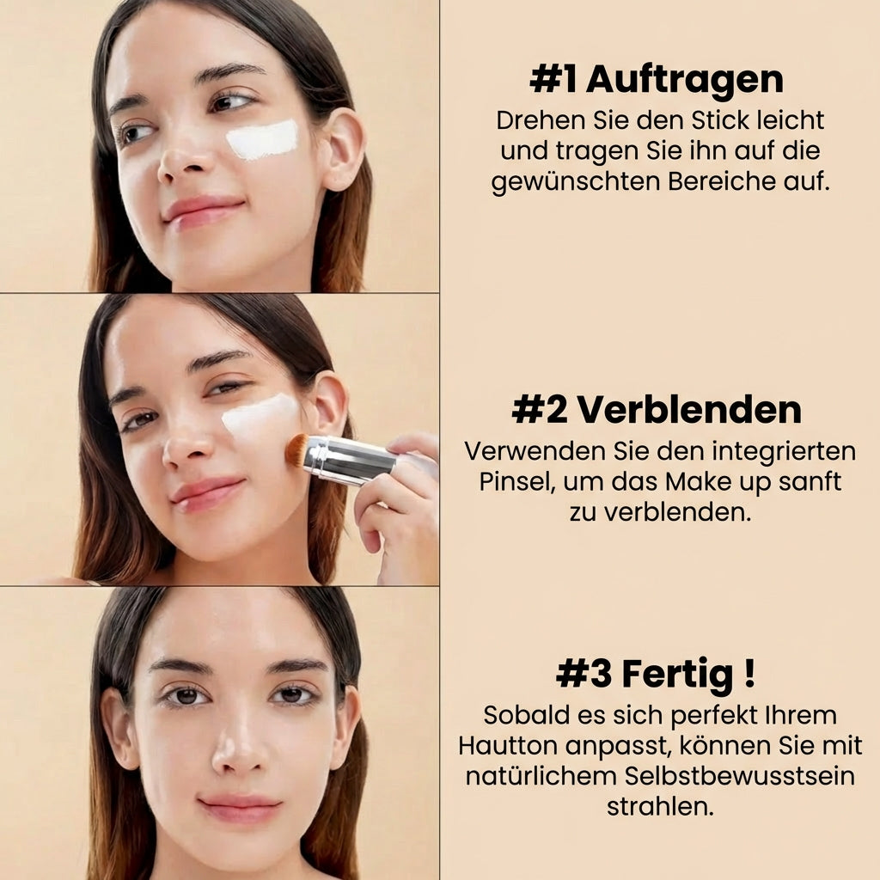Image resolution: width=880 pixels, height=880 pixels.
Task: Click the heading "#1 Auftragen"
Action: click(x=657, y=80)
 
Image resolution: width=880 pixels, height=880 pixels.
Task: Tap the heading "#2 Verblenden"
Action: click(x=657, y=411)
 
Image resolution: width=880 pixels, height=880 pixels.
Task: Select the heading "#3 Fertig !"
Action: click(x=657, y=674)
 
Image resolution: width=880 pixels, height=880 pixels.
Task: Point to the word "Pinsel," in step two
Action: click(x=516, y=481)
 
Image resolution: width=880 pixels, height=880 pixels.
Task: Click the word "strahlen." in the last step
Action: click(x=660, y=807)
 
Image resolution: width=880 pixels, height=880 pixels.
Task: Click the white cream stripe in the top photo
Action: click(x=262, y=140)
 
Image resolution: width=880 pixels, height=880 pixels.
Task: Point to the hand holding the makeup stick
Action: click(x=398, y=498)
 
